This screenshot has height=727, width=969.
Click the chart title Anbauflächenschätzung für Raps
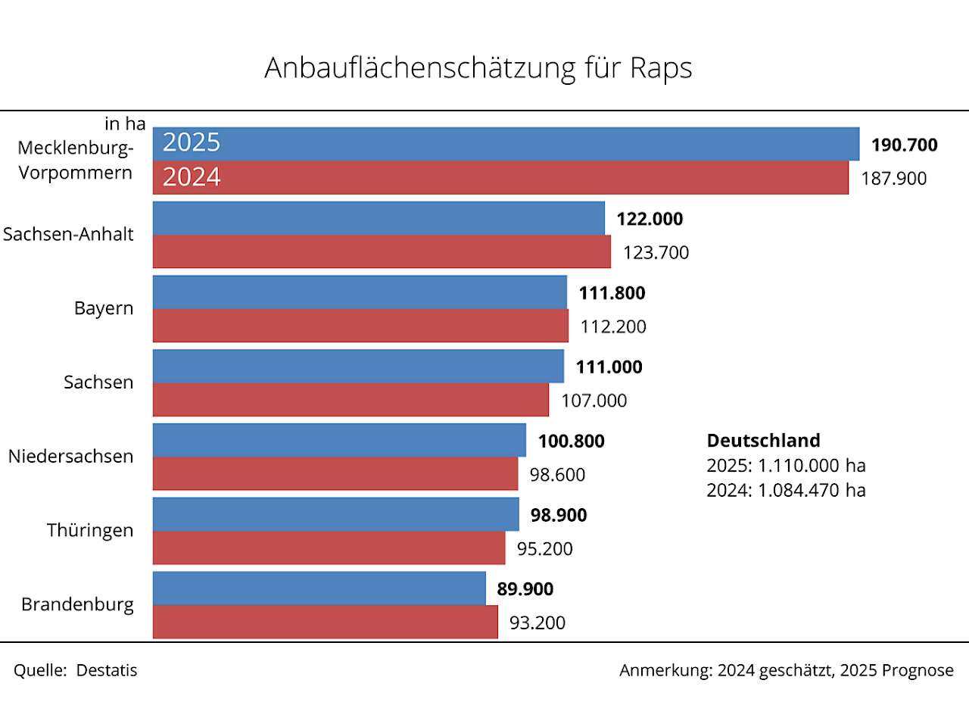pyautogui.click(x=478, y=68)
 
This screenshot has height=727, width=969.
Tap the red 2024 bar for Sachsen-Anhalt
pyautogui.click(x=382, y=251)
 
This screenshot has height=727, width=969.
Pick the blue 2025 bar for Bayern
pyautogui.click(x=360, y=292)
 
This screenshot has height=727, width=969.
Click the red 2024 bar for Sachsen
pyautogui.click(x=351, y=400)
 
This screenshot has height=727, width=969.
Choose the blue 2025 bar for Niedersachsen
pyautogui.click(x=339, y=440)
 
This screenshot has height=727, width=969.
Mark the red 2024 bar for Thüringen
pyautogui.click(x=329, y=548)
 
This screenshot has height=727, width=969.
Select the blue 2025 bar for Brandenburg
pyautogui.click(x=319, y=588)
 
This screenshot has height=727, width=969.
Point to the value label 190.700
pyautogui.click(x=904, y=145)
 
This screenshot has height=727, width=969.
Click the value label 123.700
pyautogui.click(x=656, y=252)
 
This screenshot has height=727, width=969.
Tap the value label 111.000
pyautogui.click(x=609, y=367)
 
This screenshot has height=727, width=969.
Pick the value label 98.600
pyautogui.click(x=557, y=475)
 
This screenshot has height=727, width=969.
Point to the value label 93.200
pyautogui.click(x=537, y=622)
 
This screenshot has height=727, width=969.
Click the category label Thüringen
pyautogui.click(x=90, y=530)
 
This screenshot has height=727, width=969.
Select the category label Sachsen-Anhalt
pyautogui.click(x=68, y=234)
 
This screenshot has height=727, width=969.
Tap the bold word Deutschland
pyautogui.click(x=763, y=441)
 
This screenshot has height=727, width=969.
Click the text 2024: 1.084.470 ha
pyautogui.click(x=786, y=490)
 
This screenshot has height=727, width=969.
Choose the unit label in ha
pyautogui.click(x=125, y=123)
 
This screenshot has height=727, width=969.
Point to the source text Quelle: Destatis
pyautogui.click(x=76, y=670)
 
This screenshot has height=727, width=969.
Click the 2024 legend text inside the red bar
pyautogui.click(x=192, y=177)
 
